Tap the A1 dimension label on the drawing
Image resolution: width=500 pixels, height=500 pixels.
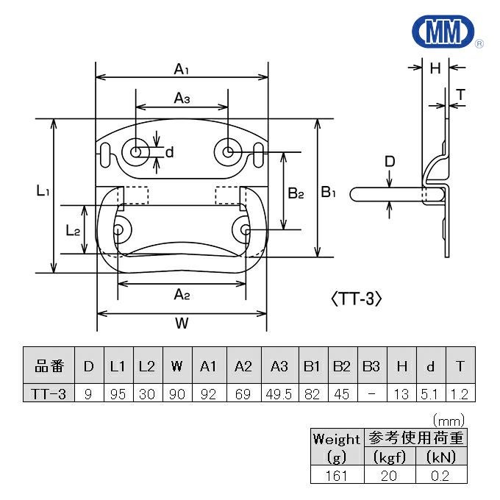[x=182, y=69]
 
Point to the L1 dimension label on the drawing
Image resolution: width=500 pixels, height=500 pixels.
[x=43, y=191]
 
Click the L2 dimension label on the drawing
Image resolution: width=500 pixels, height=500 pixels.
[x=73, y=231]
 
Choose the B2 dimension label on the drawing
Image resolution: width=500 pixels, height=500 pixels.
[x=296, y=193]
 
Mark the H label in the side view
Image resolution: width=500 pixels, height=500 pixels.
[x=435, y=68]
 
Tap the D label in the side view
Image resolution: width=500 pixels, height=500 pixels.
[x=390, y=162]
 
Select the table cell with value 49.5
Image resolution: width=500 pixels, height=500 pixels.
[x=279, y=395]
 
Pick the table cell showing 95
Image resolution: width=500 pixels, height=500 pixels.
[x=118, y=395]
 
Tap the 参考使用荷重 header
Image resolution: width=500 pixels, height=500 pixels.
[x=415, y=439]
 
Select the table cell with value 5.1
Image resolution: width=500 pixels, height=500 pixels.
[x=430, y=395]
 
